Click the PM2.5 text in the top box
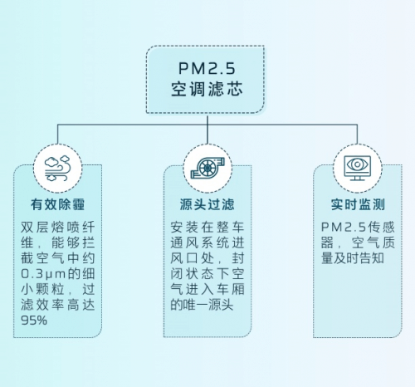[x=207, y=68]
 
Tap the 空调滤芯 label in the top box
[x=207, y=89]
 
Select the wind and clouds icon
[x=58, y=169]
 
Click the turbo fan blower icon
[x=207, y=168]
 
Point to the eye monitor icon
[x=357, y=168]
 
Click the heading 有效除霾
[x=57, y=204]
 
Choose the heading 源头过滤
[x=207, y=204]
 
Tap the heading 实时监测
[x=358, y=204]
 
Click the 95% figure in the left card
[x=34, y=321]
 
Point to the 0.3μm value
[x=43, y=274]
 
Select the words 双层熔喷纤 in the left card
[x=58, y=228]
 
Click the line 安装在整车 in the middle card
[x=207, y=228]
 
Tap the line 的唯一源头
[x=202, y=305]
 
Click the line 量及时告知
[x=352, y=258]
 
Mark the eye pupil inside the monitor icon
[x=357, y=164]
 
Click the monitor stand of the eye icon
[x=357, y=178]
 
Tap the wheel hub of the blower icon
[x=207, y=168]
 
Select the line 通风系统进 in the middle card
[x=207, y=242]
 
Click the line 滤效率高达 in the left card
[x=58, y=305]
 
